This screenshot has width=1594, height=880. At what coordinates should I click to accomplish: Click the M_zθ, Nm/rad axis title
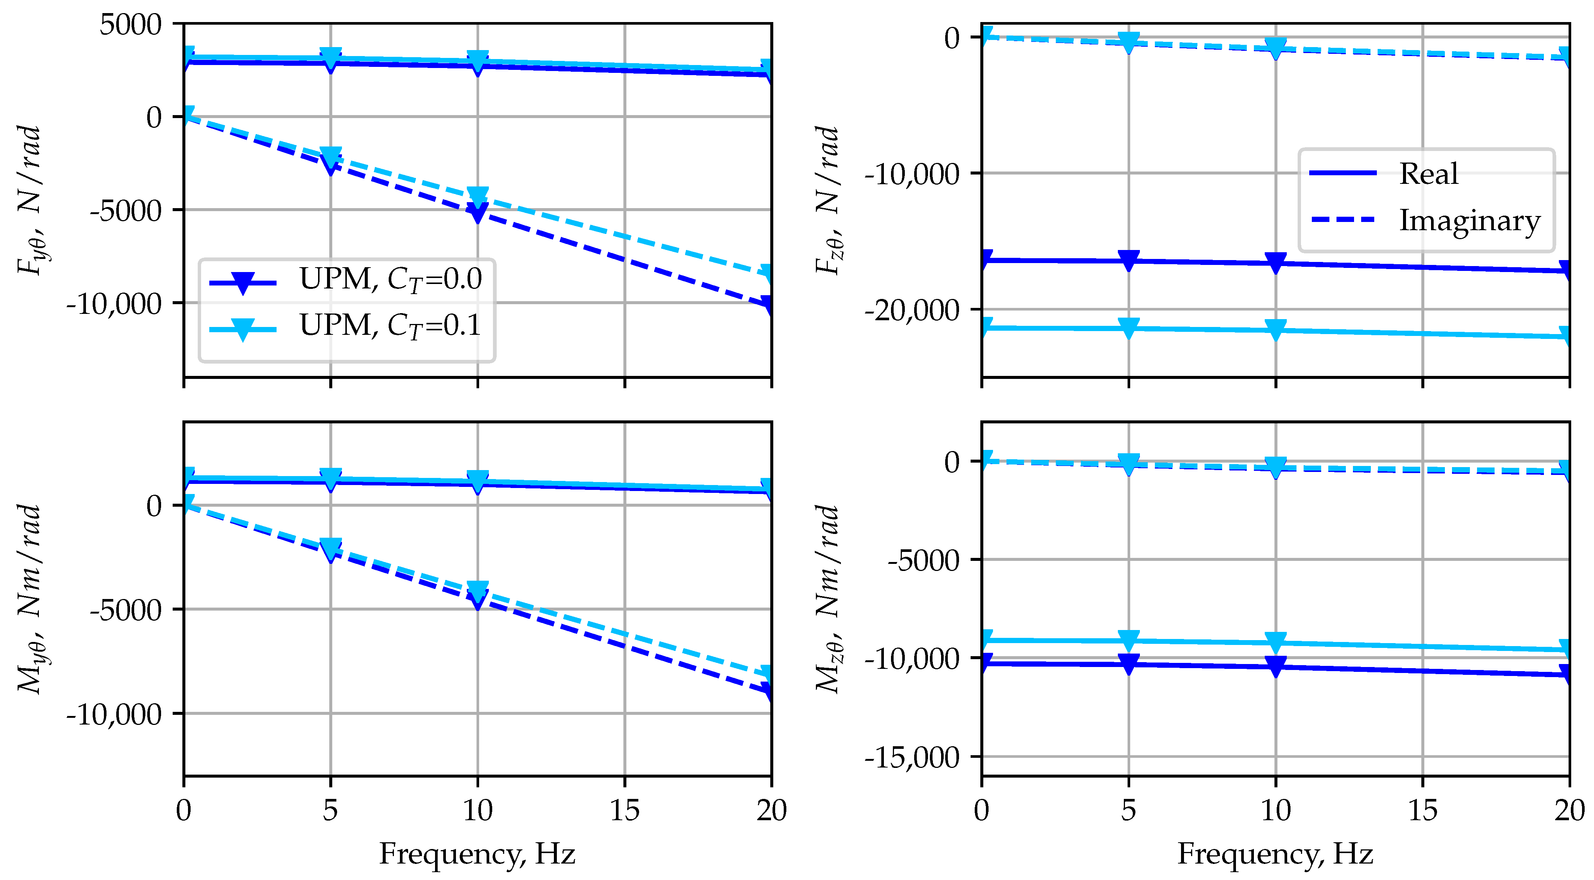tap(828, 599)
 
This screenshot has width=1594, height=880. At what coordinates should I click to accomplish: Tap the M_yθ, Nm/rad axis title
tap(30, 599)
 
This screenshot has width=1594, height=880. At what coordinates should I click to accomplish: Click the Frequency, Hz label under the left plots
tap(477, 854)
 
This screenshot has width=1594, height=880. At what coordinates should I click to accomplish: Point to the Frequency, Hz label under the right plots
tap(1275, 854)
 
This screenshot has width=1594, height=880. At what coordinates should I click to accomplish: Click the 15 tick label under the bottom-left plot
tap(625, 811)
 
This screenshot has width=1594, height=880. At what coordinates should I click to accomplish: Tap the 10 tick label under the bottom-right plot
tap(1275, 811)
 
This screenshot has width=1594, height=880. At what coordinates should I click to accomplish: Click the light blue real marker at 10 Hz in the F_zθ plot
tap(1275, 328)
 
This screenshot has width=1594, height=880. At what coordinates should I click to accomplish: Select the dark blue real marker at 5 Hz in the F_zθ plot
tap(1129, 260)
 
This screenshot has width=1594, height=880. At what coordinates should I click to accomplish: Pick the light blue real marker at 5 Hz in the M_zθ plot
tap(1129, 639)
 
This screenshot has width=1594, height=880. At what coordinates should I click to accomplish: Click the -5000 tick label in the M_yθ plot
tap(126, 610)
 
